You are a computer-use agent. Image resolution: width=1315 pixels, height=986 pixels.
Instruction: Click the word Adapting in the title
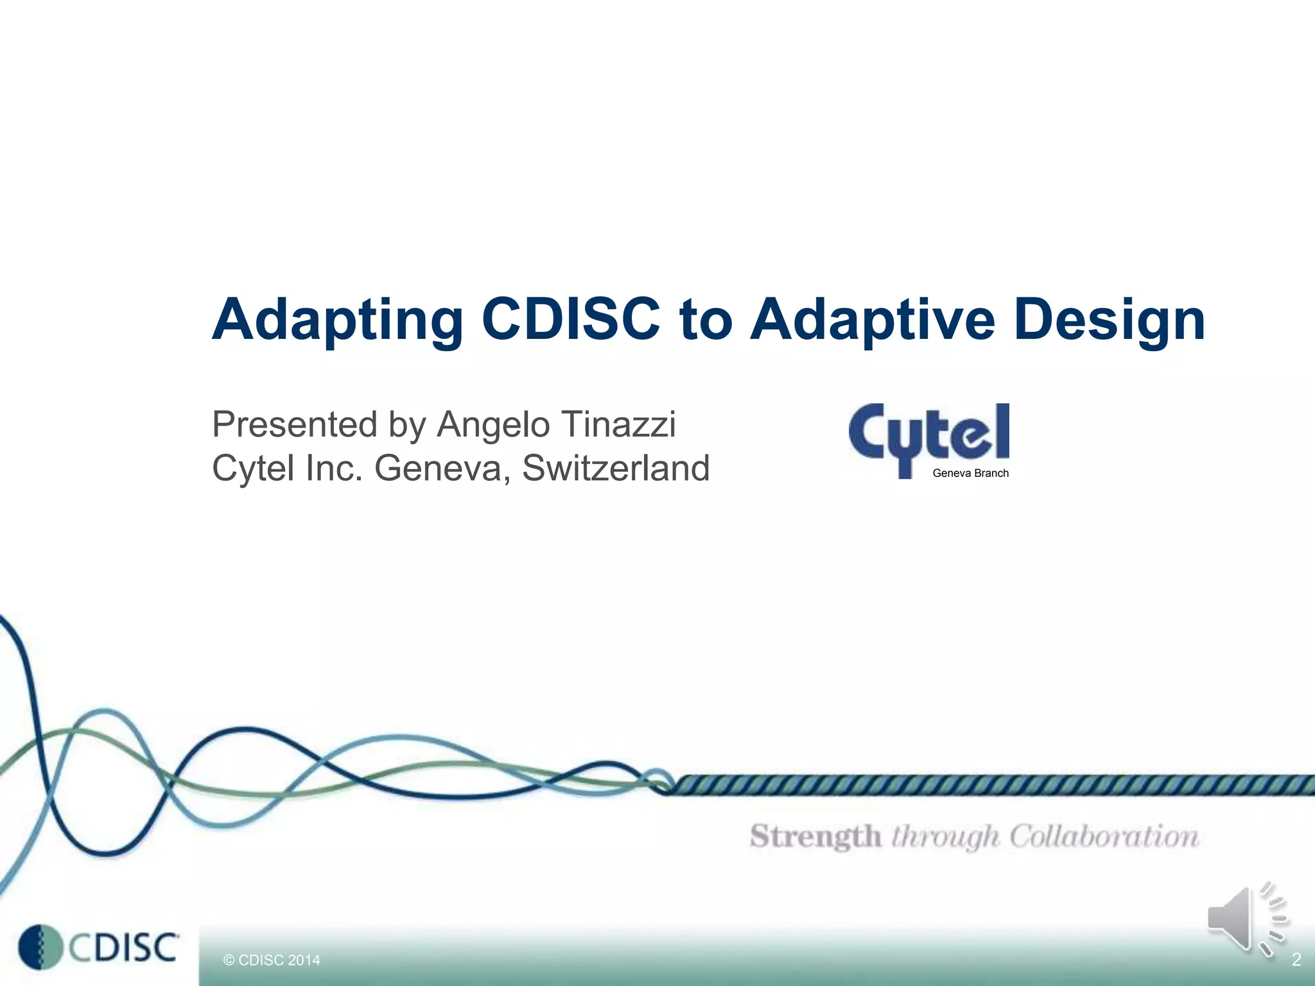click(x=338, y=320)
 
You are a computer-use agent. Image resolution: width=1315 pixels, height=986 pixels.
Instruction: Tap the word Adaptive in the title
click(x=873, y=319)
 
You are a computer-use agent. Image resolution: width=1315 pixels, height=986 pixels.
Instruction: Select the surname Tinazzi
click(x=618, y=424)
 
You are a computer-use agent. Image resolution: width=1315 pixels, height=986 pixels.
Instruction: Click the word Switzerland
click(x=616, y=468)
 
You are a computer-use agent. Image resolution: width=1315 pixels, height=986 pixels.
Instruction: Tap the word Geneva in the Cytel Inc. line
click(x=442, y=469)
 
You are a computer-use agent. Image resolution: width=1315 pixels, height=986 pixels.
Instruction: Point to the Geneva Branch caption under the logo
click(x=970, y=473)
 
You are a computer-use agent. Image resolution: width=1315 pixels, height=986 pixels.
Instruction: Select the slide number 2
click(x=1296, y=960)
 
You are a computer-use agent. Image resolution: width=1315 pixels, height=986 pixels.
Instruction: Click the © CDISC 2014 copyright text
click(x=271, y=960)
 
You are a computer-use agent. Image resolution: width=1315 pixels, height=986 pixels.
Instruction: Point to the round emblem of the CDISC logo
click(x=40, y=947)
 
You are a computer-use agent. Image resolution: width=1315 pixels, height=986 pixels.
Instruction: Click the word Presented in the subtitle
click(x=295, y=425)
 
